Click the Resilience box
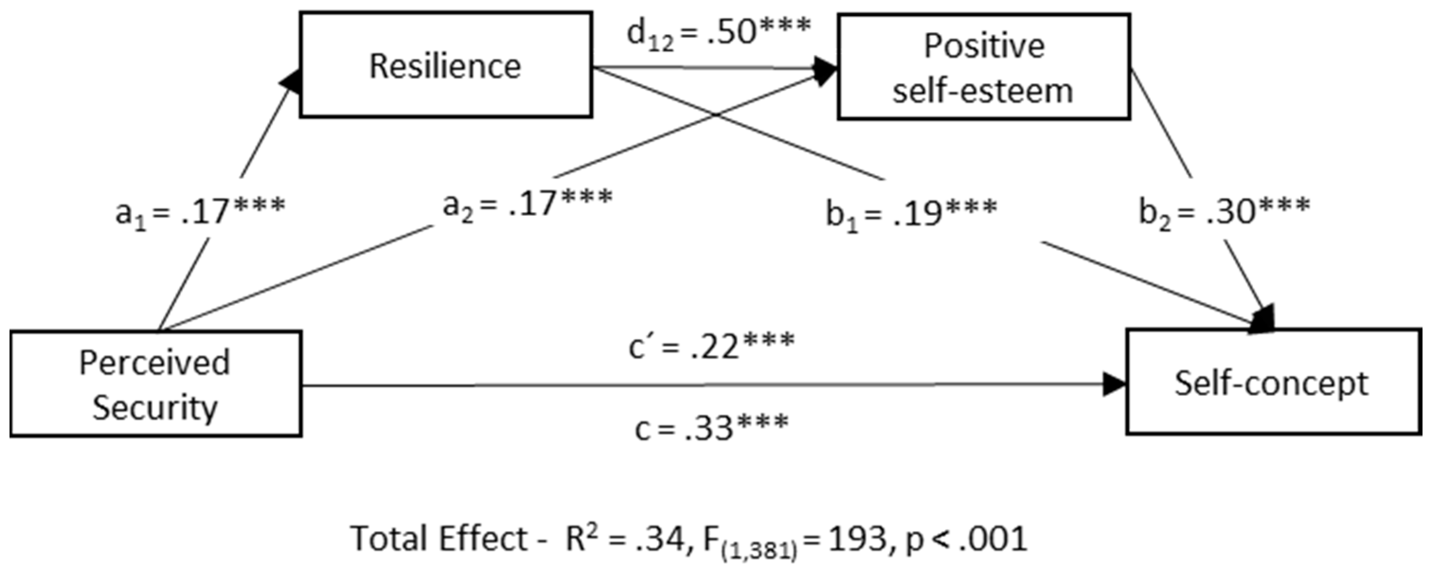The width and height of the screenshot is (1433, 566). tap(445, 65)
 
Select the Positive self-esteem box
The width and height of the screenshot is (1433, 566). tap(984, 67)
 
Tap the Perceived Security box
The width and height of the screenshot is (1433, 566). tap(155, 384)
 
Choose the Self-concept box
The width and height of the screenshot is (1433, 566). tap(1273, 382)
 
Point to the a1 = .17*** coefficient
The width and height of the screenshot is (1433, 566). tap(200, 211)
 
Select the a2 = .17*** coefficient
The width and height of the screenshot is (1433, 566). tap(527, 203)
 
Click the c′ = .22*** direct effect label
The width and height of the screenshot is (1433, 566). tap(712, 346)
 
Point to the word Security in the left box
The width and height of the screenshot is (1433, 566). tap(155, 408)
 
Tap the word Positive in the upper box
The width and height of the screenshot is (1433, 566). tap(984, 45)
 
